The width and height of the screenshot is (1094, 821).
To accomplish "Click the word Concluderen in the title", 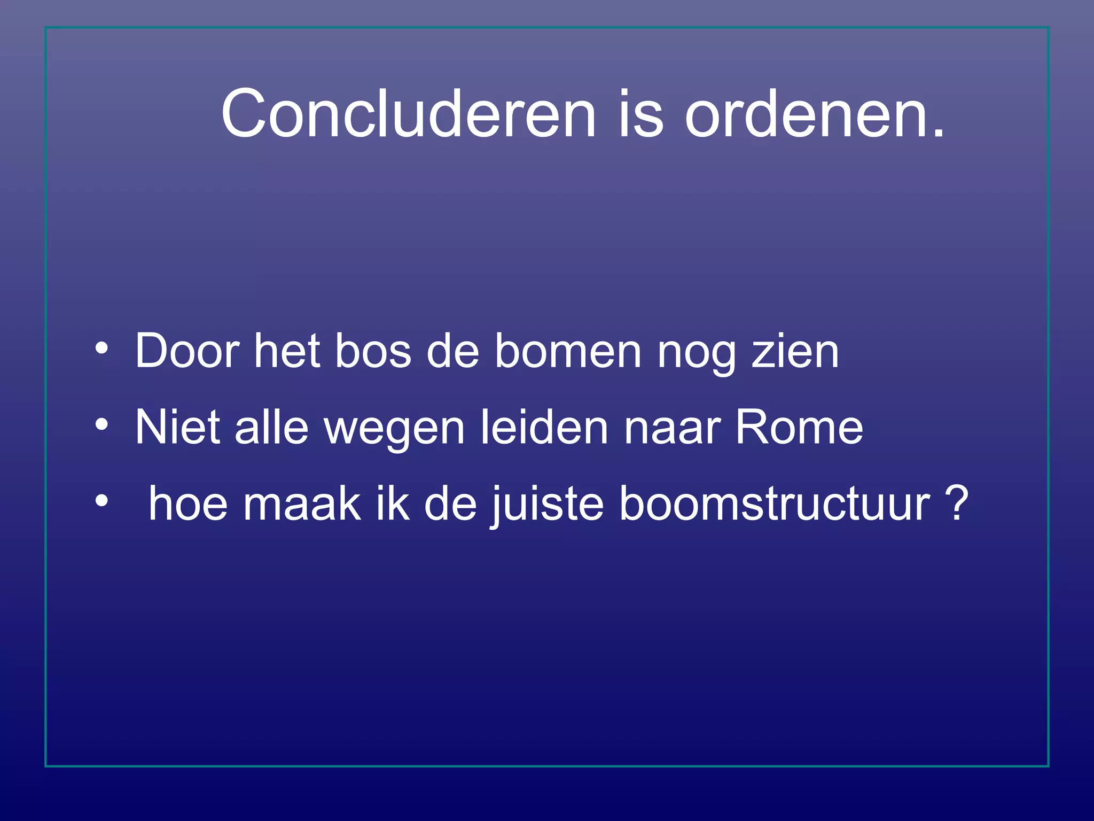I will (x=408, y=114).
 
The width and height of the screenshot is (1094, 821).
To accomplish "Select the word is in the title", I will (x=640, y=114).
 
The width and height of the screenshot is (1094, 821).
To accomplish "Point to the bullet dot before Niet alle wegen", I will (x=101, y=425).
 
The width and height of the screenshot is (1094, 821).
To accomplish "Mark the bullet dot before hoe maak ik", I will (x=101, y=501).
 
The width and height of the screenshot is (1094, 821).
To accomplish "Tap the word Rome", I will (x=799, y=428).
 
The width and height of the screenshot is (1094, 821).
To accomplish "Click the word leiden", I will (x=544, y=428).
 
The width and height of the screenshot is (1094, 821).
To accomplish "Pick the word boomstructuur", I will (x=775, y=504).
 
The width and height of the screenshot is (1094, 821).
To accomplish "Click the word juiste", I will (x=547, y=504).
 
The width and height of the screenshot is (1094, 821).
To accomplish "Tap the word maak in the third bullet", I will (x=302, y=504).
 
